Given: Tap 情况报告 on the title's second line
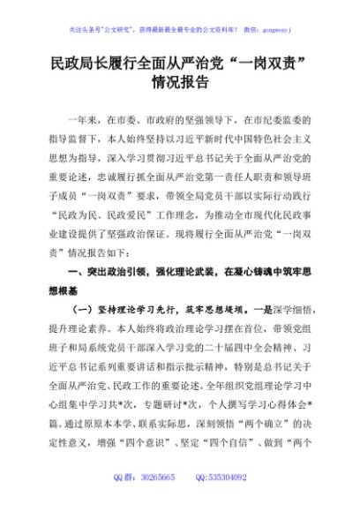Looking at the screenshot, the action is tap(180, 84).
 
